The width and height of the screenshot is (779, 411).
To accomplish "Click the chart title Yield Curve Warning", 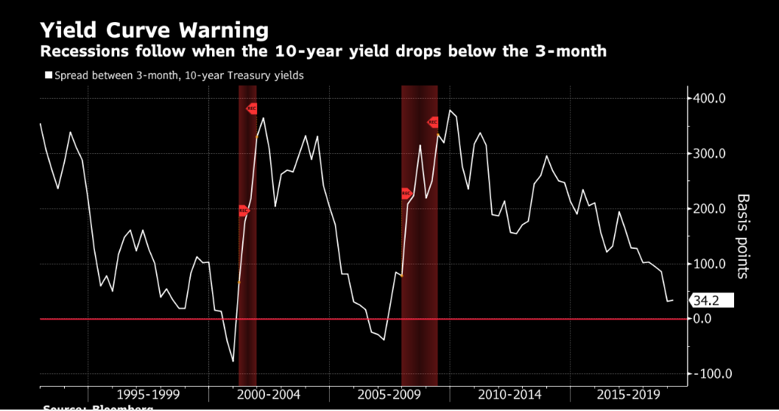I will pyautogui.click(x=154, y=30).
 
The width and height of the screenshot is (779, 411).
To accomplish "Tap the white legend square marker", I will pyautogui.click(x=49, y=75).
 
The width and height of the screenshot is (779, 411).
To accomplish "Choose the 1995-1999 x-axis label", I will pyautogui.click(x=148, y=395).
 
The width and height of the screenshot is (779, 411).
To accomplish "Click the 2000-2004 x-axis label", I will pyautogui.click(x=268, y=395).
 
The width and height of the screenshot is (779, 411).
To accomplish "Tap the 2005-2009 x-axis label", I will pyautogui.click(x=389, y=395).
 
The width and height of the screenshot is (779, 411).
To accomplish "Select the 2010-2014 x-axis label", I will pyautogui.click(x=510, y=395).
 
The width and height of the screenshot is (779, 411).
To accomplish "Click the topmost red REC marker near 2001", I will pyautogui.click(x=252, y=108).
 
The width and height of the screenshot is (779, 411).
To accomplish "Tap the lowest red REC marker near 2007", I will pyautogui.click(x=406, y=194).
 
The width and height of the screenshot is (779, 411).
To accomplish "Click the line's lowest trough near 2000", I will pyautogui.click(x=233, y=361).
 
